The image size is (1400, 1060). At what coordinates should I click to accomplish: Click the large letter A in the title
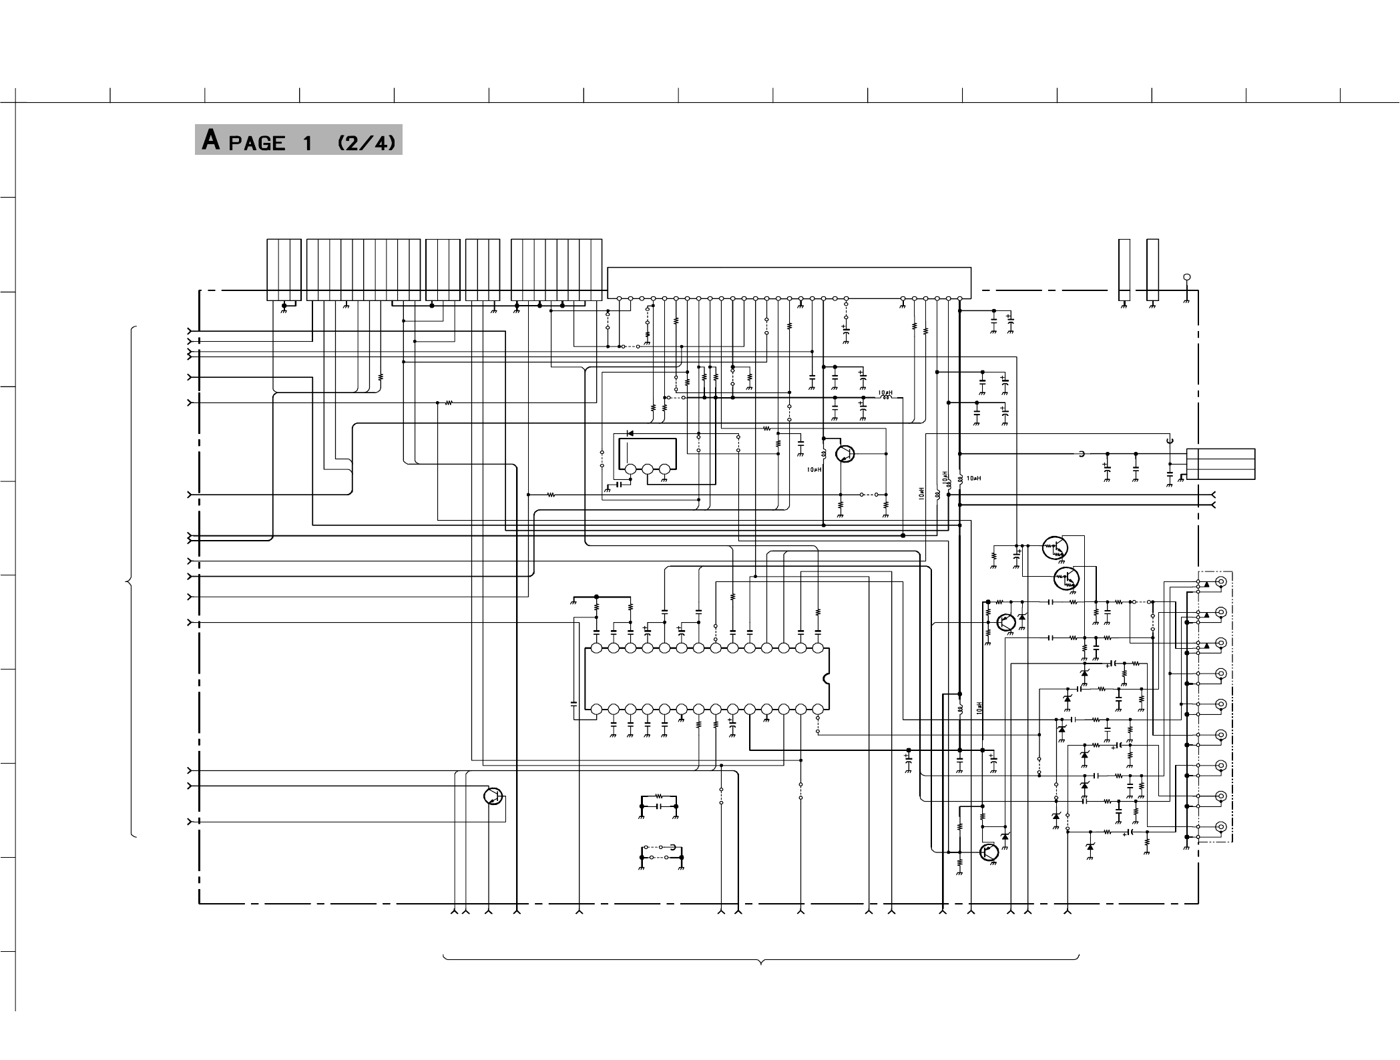point(211,140)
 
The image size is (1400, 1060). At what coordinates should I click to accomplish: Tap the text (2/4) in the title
point(367,143)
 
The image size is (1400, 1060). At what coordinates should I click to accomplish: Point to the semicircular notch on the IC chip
point(827,679)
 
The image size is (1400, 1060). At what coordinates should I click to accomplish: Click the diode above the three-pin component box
point(630,433)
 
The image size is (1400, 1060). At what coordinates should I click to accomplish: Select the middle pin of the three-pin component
point(647,470)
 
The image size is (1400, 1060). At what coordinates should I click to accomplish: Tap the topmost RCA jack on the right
point(1221,581)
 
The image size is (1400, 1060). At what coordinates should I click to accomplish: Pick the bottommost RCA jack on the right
point(1221,827)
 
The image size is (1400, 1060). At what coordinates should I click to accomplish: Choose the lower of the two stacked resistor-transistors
point(1066,579)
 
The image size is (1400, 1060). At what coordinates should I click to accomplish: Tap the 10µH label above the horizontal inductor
point(885,392)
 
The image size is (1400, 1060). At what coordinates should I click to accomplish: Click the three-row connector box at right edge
point(1221,464)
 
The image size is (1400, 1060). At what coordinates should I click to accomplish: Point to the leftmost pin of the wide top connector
point(619,298)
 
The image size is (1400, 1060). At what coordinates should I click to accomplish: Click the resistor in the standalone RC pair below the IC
point(658,796)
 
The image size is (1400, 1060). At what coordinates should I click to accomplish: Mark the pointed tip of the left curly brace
point(127,583)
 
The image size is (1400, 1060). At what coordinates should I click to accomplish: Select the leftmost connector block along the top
point(284,270)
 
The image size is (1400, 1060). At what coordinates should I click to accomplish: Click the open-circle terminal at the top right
point(1186,277)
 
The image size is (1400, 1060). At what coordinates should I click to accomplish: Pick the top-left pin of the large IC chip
point(596,648)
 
